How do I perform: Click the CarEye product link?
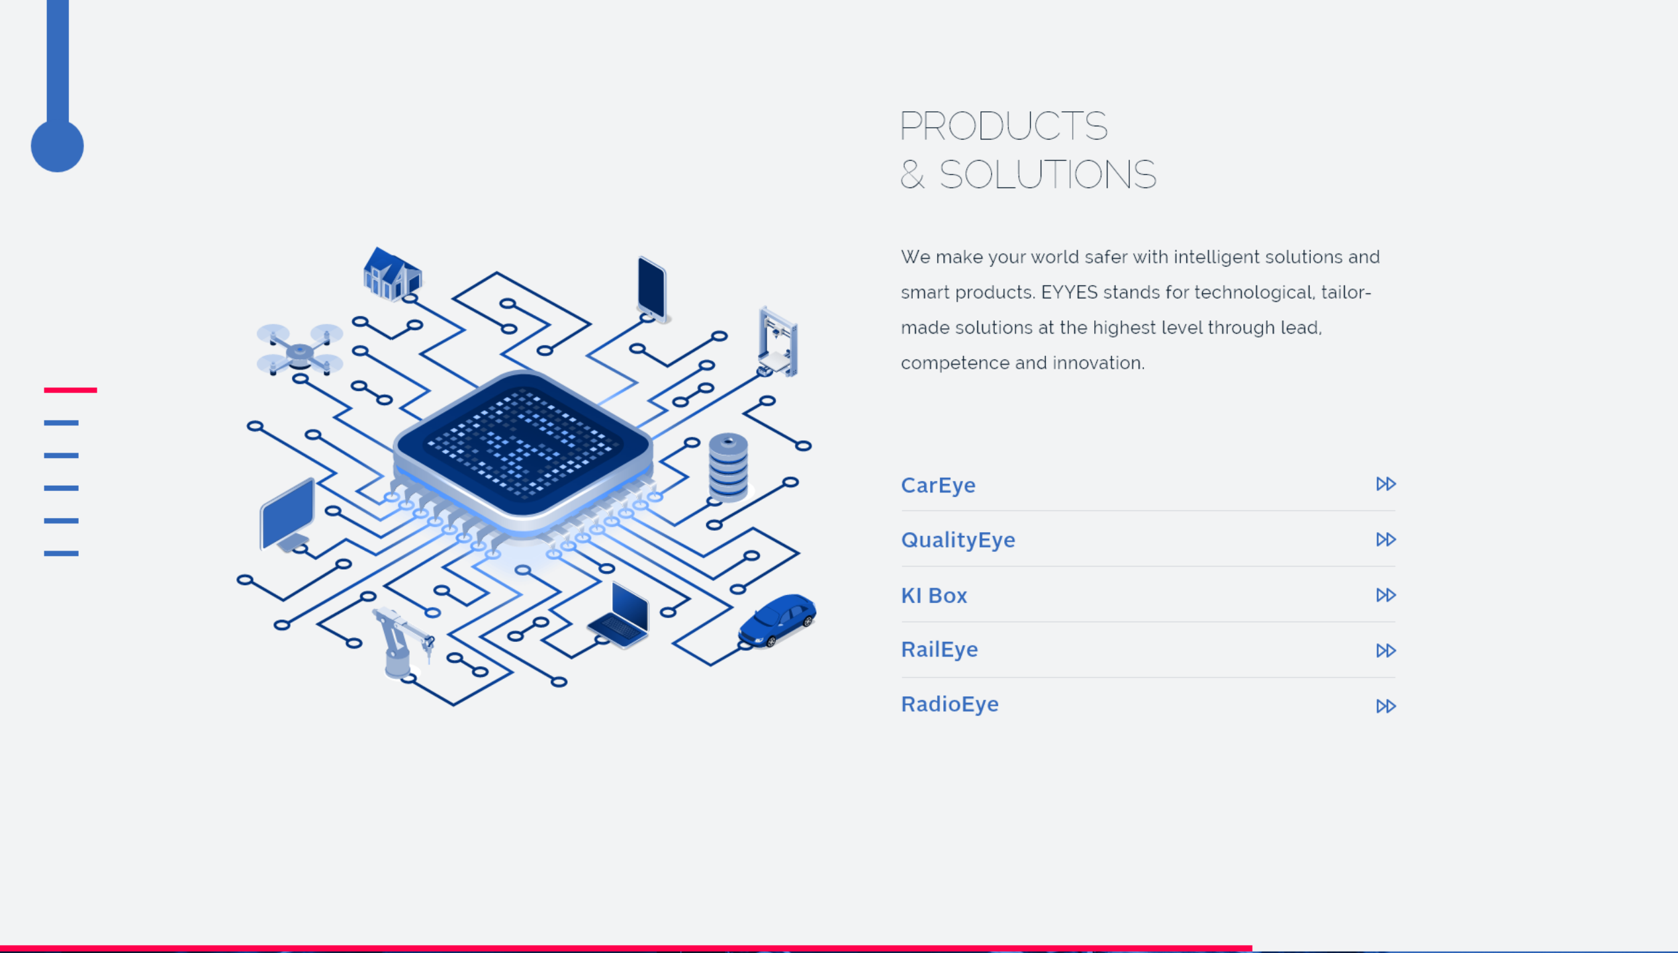point(938,485)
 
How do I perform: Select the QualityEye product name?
point(958,540)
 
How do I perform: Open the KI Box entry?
point(934,596)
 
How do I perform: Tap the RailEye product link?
point(939,650)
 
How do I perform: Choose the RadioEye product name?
point(950,704)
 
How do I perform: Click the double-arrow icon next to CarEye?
point(1385,484)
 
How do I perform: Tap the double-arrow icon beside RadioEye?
point(1385,706)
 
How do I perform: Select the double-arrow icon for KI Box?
point(1385,595)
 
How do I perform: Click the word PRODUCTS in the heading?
point(1003,126)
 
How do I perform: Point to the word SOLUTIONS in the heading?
point(1047,175)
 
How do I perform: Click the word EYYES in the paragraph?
point(1069,293)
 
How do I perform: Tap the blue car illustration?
point(777,620)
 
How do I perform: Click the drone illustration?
point(300,349)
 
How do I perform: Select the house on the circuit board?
point(392,273)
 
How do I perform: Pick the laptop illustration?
point(619,616)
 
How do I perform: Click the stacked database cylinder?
point(728,467)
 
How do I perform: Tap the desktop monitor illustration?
point(287,516)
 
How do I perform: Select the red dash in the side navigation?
point(70,390)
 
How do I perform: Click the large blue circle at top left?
point(58,146)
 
